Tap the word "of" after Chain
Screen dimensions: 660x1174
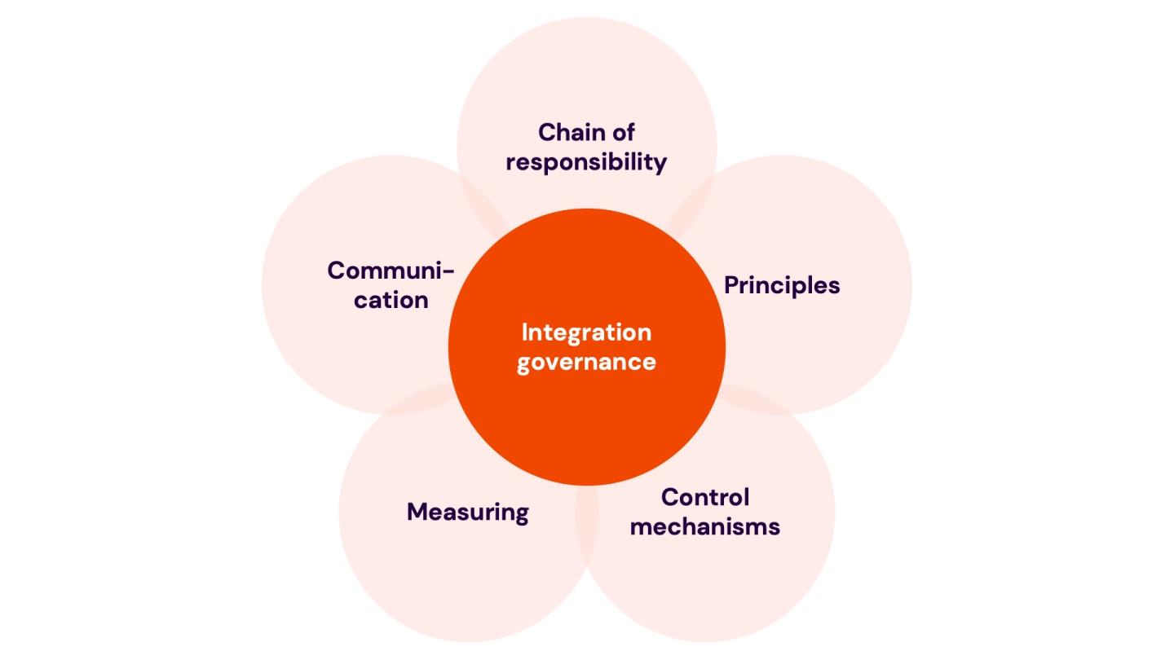(621, 132)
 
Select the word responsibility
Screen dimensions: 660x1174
(586, 162)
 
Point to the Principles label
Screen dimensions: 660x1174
(782, 285)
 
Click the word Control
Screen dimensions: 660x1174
(705, 497)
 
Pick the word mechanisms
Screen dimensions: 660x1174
(705, 526)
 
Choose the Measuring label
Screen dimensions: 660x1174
(468, 512)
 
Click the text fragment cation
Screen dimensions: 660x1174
(391, 300)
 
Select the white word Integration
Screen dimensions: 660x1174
(586, 332)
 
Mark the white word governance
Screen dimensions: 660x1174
(586, 362)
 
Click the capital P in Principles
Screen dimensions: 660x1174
(731, 285)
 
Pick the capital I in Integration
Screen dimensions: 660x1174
(524, 332)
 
